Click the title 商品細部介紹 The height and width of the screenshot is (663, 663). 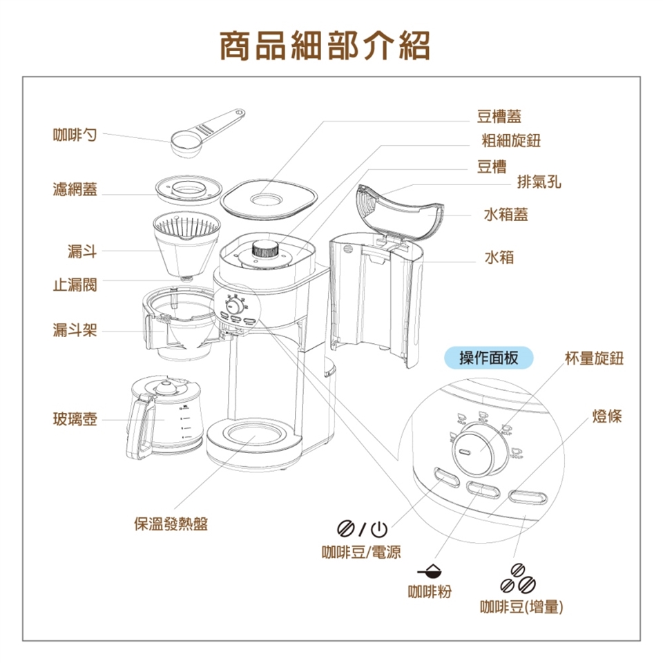(325, 46)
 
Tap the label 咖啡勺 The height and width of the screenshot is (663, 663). (75, 133)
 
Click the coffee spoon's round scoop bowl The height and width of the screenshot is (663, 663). (183, 143)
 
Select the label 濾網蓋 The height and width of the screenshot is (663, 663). (75, 189)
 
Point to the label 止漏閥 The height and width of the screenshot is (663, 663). (75, 285)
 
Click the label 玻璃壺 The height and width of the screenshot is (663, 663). (75, 419)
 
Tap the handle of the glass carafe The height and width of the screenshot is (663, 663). (139, 428)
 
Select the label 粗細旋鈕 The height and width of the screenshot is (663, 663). (511, 141)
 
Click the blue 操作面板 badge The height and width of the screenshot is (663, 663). (489, 358)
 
